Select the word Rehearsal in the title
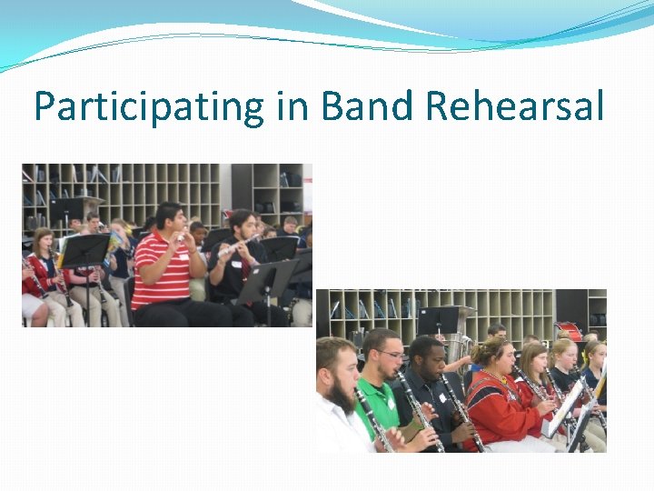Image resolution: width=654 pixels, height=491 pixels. click(x=514, y=107)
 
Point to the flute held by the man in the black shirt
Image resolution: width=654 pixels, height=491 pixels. click(x=238, y=246)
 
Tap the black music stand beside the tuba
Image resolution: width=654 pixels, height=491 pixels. click(x=438, y=319)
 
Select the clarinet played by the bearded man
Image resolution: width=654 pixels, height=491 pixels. click(x=373, y=419)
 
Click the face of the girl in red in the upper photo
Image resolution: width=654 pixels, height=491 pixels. click(x=42, y=243)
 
